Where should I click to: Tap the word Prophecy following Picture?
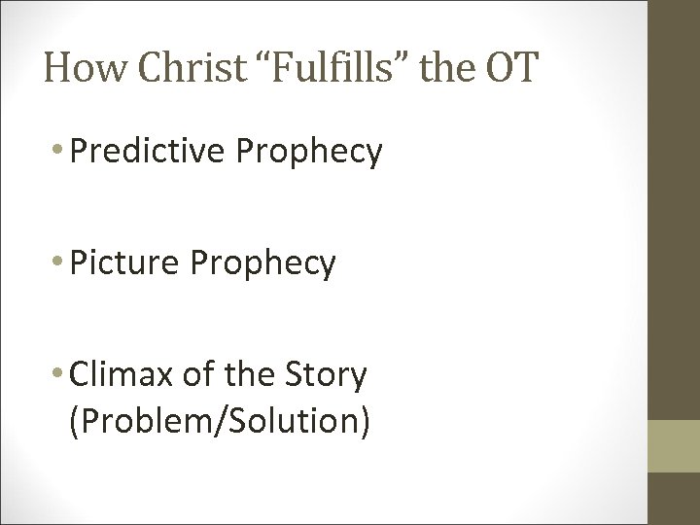[268, 262]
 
